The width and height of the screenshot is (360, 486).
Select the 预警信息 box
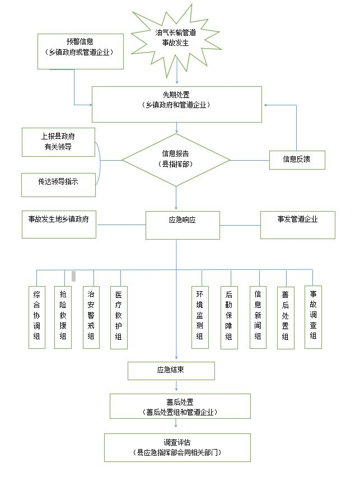click(80, 51)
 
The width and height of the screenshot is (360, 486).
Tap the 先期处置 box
click(176, 104)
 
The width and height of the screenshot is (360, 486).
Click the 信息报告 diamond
click(176, 160)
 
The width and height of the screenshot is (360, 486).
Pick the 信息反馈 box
click(296, 160)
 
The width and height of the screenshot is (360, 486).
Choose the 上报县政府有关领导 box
click(59, 142)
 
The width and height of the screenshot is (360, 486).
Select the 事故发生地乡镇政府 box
click(58, 225)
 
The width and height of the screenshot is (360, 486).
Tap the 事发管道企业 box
click(297, 225)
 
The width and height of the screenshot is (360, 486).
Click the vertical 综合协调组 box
click(37, 317)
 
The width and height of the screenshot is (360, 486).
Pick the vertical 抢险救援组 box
click(63, 317)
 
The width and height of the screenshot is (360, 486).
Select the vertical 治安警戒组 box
click(91, 317)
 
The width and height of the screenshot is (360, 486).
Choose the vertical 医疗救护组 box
click(119, 317)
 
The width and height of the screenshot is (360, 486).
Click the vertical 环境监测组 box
click(199, 317)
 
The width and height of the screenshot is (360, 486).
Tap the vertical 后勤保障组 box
click(228, 317)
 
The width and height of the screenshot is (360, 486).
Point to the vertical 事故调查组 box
click(313, 317)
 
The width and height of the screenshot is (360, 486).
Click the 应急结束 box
click(171, 370)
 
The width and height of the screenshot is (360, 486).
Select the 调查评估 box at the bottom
click(177, 446)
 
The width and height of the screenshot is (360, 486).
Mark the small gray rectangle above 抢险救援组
click(73, 275)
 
